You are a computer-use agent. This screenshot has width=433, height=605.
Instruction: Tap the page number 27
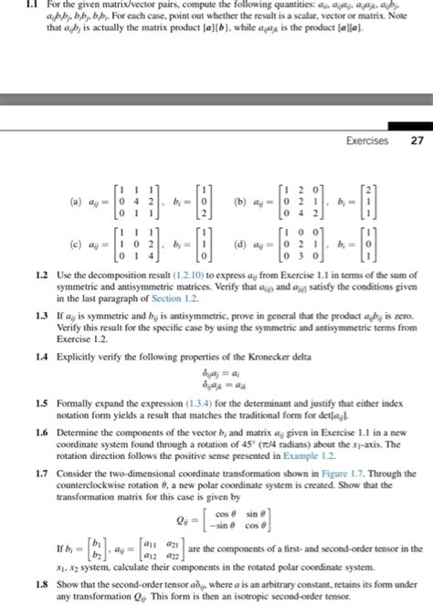(417, 141)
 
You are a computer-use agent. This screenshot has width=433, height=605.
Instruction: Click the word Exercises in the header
(367, 141)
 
